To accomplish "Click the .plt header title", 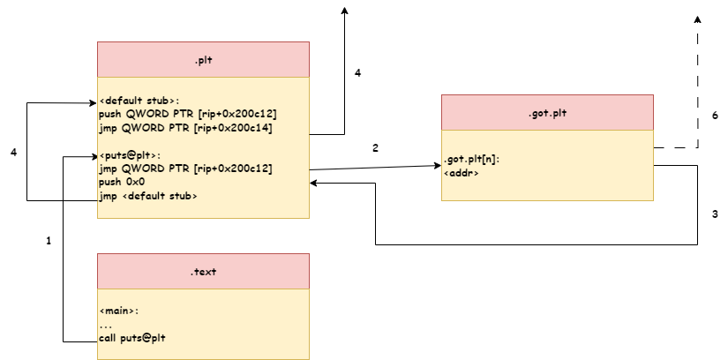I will [203, 60].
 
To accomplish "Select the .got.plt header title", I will [547, 113].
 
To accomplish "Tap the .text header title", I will [203, 272].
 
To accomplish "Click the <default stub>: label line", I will [139, 100].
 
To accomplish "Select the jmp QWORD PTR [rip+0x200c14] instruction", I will [185, 128].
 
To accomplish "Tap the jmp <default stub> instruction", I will [147, 196].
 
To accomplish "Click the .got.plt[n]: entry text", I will [472, 161].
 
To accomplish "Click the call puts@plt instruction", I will [132, 338].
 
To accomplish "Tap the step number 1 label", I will [49, 240].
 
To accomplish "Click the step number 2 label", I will [375, 147].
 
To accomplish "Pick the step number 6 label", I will [715, 116].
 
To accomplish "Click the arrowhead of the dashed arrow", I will [697, 20].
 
